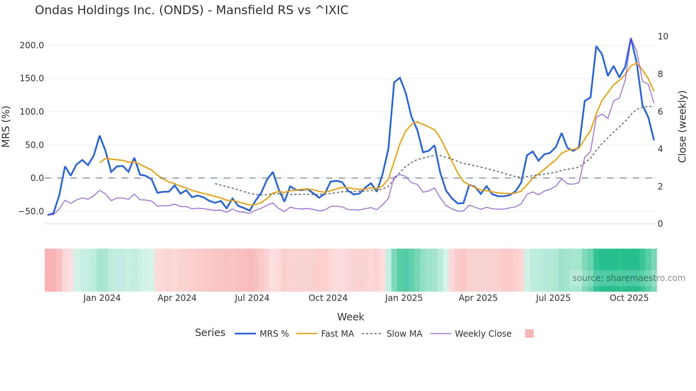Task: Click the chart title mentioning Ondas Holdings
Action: point(191,10)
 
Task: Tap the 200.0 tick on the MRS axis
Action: point(32,45)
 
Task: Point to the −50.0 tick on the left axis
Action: point(31,211)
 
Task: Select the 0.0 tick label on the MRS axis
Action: point(37,178)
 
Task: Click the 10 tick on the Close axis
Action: point(663,37)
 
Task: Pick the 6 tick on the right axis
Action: point(660,111)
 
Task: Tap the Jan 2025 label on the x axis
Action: point(404,298)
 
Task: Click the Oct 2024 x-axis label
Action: point(328,298)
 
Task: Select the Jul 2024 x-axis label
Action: point(252,298)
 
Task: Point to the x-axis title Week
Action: point(350,317)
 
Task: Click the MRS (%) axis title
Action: point(6,127)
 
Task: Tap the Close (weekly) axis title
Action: point(682,127)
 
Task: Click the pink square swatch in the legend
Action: point(529,334)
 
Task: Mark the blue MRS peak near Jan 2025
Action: point(400,78)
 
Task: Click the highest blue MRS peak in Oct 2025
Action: point(631,39)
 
